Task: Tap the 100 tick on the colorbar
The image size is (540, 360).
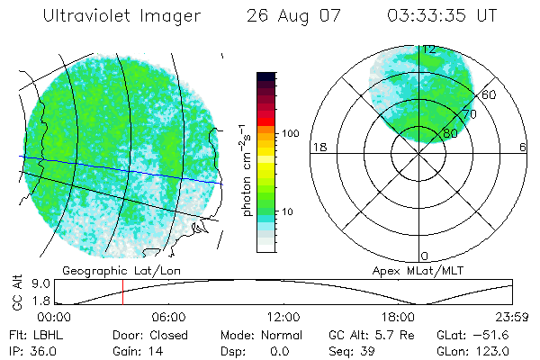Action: pyautogui.click(x=291, y=133)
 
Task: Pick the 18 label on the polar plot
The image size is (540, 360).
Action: pyautogui.click(x=318, y=147)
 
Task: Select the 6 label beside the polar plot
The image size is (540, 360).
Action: pyautogui.click(x=523, y=147)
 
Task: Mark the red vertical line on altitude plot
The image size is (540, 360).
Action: pyautogui.click(x=122, y=292)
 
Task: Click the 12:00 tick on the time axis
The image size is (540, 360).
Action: pyautogui.click(x=283, y=317)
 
